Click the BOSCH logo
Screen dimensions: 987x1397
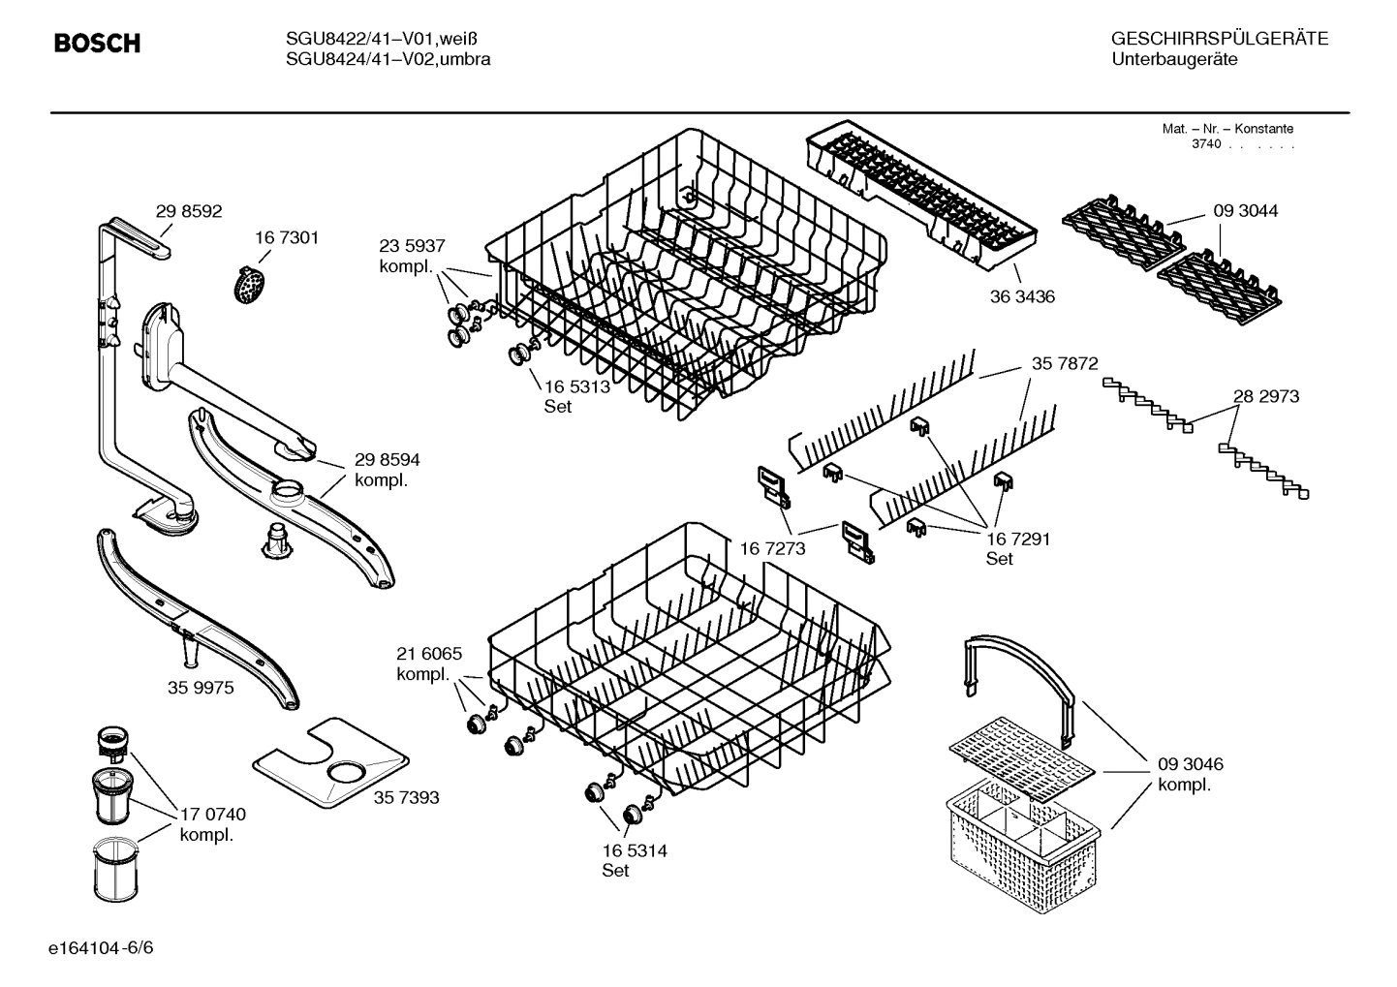coord(97,44)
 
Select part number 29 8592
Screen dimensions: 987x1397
coord(189,211)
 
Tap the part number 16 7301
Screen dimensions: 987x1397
coord(287,237)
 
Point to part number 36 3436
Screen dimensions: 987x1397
coord(1021,296)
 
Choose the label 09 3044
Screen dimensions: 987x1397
coord(1245,211)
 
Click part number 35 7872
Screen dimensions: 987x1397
coord(1065,363)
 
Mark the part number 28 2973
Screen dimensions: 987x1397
coord(1265,396)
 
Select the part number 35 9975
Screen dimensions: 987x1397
coord(201,687)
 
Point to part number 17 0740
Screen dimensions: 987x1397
coord(213,815)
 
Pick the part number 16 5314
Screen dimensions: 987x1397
coord(634,850)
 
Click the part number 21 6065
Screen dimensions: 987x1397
coord(429,654)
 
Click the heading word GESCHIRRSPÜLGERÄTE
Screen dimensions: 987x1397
coord(1219,39)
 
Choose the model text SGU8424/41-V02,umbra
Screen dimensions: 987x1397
coord(388,59)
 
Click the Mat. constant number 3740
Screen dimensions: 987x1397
coord(1205,143)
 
